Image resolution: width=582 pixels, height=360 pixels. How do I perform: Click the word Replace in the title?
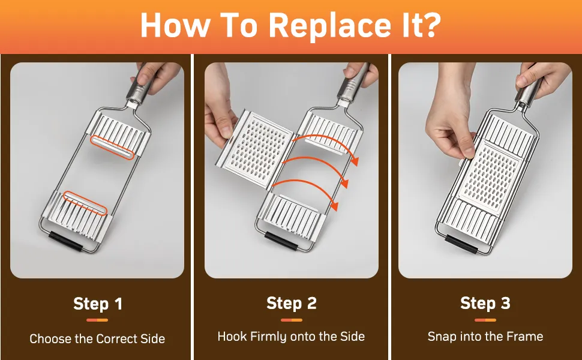pyautogui.click(x=329, y=26)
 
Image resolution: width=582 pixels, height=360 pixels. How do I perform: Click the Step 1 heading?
pyautogui.click(x=98, y=304)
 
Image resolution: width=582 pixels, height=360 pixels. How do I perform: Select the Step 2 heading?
pyautogui.click(x=292, y=303)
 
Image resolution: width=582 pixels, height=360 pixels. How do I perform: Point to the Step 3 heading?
pyautogui.click(x=485, y=303)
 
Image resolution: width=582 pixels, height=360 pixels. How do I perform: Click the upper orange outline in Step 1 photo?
pyautogui.click(x=112, y=148)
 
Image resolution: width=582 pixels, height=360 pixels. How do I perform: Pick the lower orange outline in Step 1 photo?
pyautogui.click(x=85, y=203)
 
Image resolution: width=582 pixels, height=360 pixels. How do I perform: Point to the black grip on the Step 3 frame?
pyautogui.click(x=461, y=244)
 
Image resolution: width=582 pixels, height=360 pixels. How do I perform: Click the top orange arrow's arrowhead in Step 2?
pyautogui.click(x=355, y=161)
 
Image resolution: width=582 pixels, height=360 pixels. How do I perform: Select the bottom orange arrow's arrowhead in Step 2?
pyautogui.click(x=335, y=206)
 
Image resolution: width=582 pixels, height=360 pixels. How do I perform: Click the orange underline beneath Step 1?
pyautogui.click(x=97, y=320)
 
